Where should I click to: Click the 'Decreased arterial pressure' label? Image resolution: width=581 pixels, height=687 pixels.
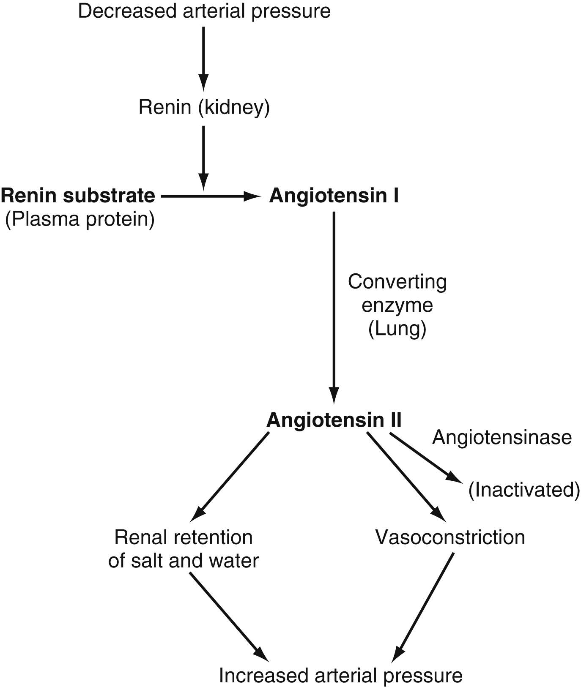click(204, 11)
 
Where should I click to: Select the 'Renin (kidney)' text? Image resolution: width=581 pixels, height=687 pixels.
click(204, 107)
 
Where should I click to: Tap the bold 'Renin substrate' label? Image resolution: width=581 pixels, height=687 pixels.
click(78, 196)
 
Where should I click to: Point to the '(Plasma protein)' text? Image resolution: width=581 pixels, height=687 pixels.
click(79, 219)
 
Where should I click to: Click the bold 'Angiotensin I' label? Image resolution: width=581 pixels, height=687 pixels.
click(334, 196)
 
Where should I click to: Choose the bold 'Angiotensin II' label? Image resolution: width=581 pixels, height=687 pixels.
click(334, 420)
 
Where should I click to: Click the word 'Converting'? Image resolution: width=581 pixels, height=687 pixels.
click(397, 281)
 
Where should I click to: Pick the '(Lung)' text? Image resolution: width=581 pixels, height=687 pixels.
click(397, 329)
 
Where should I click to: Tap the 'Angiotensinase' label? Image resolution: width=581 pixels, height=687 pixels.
click(502, 437)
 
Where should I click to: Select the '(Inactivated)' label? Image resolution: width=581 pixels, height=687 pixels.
click(524, 489)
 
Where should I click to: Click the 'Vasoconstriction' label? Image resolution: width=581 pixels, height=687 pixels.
click(450, 537)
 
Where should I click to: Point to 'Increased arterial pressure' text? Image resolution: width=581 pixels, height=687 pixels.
click(340, 675)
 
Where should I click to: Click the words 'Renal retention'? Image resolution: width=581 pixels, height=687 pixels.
click(184, 537)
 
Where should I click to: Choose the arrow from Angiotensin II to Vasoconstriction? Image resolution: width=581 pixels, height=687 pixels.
click(405, 476)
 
